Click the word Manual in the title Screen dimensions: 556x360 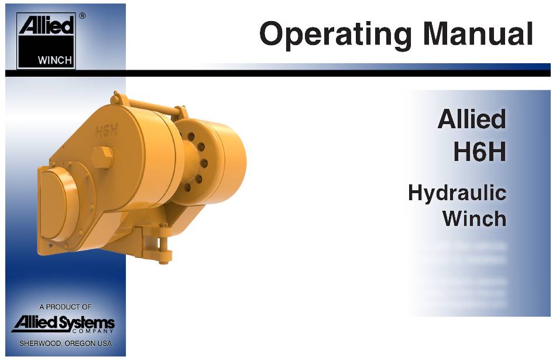(478, 33)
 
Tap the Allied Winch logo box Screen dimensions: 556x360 (46, 41)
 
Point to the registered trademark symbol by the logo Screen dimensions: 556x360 (82, 16)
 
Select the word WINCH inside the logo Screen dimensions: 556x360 (55, 60)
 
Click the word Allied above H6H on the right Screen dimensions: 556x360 (472, 119)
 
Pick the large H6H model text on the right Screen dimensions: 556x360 (480, 152)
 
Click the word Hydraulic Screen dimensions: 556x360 (457, 193)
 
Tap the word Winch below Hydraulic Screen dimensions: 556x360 (474, 218)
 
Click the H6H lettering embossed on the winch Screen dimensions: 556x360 (107, 131)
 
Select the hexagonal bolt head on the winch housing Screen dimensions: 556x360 (102, 157)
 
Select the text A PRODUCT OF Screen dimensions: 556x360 (65, 307)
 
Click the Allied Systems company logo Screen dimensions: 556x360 (63, 324)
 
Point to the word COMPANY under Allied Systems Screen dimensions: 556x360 (92, 331)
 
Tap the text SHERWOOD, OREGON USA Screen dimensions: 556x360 (66, 344)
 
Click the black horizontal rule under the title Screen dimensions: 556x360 (278, 73)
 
